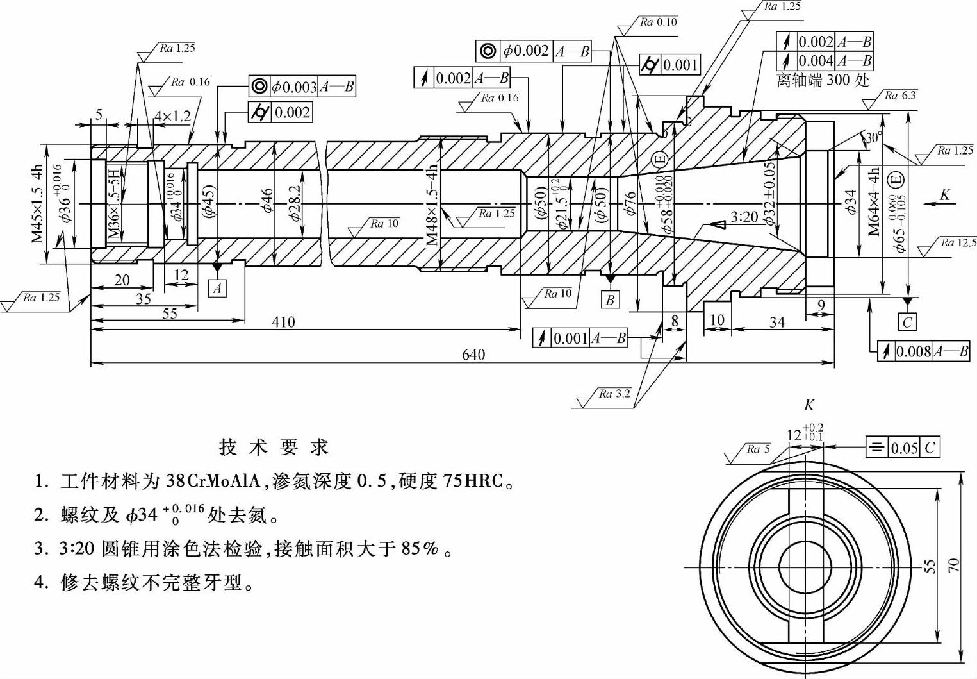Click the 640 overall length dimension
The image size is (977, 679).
pos(473,355)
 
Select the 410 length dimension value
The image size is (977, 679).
pos(283,321)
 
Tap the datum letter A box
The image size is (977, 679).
pos(218,288)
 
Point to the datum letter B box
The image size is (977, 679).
pos(610,299)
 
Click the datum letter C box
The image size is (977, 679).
pos(907,321)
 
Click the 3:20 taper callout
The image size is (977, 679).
pos(744,217)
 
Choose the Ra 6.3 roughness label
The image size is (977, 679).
pos(900,96)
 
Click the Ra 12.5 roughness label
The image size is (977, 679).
pos(958,242)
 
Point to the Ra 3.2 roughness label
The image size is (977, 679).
pos(614,394)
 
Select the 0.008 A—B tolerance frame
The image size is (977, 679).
pos(923,351)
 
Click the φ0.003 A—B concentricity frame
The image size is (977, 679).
pos(302,87)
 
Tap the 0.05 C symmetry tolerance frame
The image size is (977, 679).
pos(903,448)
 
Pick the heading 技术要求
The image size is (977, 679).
pos(274,447)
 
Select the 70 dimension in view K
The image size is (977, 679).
pos(954,566)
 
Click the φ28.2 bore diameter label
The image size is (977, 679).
pos(294,204)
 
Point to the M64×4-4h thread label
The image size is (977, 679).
pos(874,202)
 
